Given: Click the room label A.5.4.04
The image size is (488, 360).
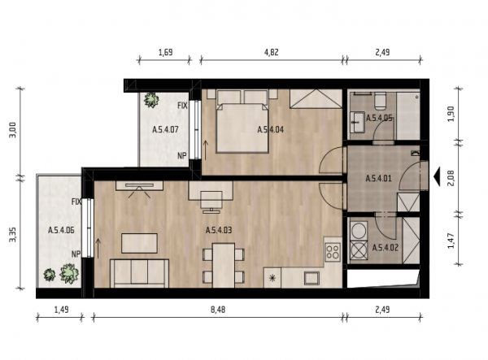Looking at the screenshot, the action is tap(271, 130).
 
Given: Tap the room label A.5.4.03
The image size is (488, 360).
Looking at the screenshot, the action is tap(219, 230).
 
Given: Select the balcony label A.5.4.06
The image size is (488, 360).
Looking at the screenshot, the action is tap(61, 230).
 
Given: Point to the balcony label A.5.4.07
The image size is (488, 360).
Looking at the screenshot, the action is tap(165, 129).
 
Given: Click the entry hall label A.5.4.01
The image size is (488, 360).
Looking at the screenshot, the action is tap(378, 179).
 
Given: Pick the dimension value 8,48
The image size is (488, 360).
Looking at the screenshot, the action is tap(218, 310).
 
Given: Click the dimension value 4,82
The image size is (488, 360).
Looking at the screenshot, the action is tap(272, 52).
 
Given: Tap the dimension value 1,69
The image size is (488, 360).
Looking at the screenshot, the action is tap(166, 52).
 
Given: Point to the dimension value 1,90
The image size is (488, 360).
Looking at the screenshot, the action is tap(451, 114).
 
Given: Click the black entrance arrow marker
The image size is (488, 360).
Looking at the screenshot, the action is tap(437, 176).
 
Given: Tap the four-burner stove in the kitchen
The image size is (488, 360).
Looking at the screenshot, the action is tap(333, 252).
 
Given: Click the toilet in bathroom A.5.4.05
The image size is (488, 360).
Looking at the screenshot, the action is tap(381, 102).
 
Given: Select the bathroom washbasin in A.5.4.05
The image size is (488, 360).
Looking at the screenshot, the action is tap(357, 122).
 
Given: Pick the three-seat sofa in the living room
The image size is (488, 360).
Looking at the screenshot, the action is tap(139, 273).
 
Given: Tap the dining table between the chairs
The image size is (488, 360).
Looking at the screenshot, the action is tap(224, 266).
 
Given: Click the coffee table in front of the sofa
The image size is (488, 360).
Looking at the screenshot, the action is tap(139, 244).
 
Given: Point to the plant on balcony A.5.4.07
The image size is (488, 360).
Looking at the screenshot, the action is tap(151, 100).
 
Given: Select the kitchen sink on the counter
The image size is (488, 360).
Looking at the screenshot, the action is tap(312, 278).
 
